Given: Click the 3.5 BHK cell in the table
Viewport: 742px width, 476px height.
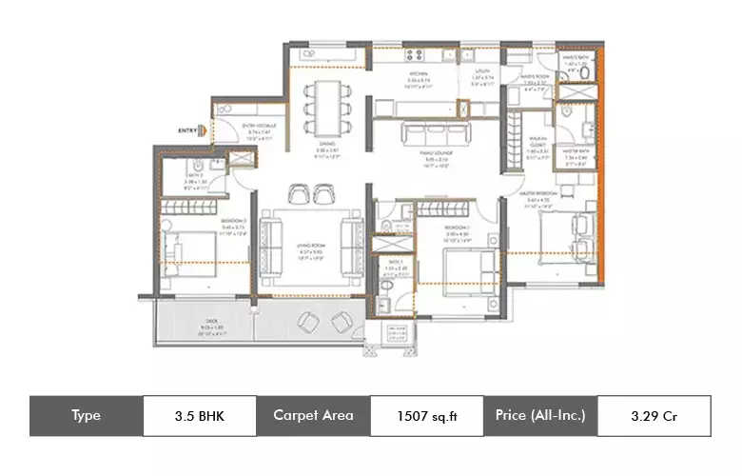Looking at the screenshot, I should point(200,416).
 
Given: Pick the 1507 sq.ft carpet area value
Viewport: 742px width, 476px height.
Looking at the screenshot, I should point(426,416).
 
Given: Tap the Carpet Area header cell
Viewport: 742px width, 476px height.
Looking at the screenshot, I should point(313,416).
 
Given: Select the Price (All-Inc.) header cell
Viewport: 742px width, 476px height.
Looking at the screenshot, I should point(540,416).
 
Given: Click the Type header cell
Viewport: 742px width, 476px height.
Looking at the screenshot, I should point(86,416).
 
